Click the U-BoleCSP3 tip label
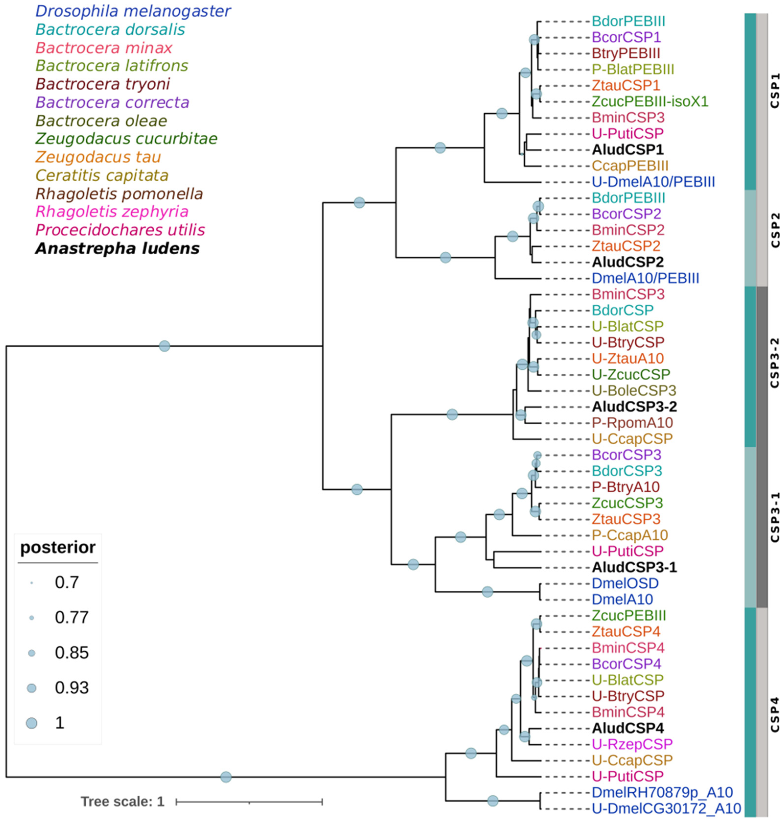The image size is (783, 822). click(x=633, y=391)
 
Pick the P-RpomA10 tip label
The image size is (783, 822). click(x=632, y=423)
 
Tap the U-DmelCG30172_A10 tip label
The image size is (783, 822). click(x=666, y=808)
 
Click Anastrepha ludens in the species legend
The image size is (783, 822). click(x=117, y=249)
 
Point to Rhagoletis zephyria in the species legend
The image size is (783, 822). click(x=112, y=212)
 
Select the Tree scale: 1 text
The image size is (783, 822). click(x=123, y=801)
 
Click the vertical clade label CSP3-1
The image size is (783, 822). click(x=775, y=517)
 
